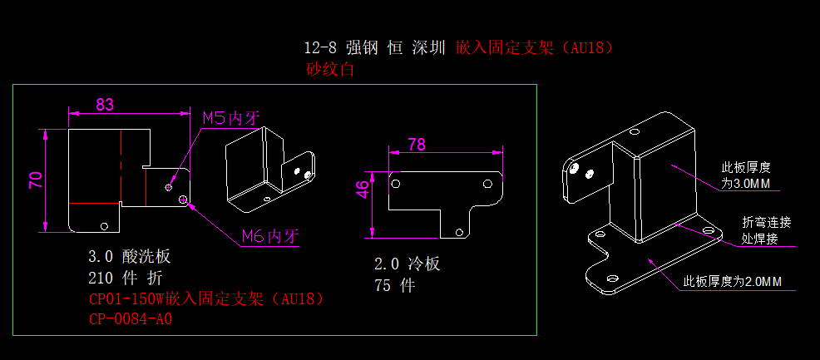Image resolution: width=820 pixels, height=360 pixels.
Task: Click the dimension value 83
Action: [x=105, y=105]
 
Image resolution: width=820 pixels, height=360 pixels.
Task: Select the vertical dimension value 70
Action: [x=36, y=180]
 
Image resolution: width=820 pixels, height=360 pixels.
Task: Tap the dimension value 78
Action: [x=417, y=144]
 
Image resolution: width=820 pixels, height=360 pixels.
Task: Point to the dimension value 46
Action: [x=363, y=190]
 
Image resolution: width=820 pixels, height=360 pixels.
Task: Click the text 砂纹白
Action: [x=331, y=69]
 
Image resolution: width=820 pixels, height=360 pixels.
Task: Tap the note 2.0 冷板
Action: [x=408, y=264]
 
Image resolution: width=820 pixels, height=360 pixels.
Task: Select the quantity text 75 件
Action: [x=394, y=286]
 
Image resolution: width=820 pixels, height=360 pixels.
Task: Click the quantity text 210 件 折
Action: [x=125, y=278]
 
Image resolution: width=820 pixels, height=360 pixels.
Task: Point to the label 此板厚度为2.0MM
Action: [x=732, y=282]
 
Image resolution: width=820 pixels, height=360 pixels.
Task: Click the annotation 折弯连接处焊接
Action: [x=766, y=230]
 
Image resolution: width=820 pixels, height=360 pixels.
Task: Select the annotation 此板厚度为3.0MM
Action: [x=746, y=175]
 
